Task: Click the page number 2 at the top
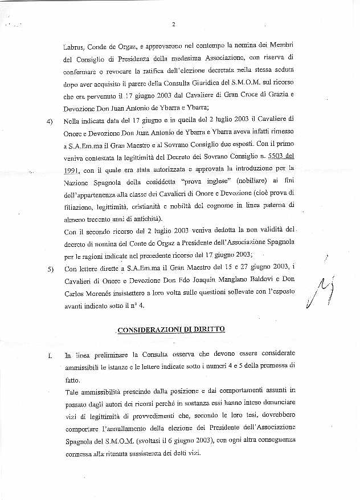click(x=173, y=24)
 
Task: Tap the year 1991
click(x=72, y=170)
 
